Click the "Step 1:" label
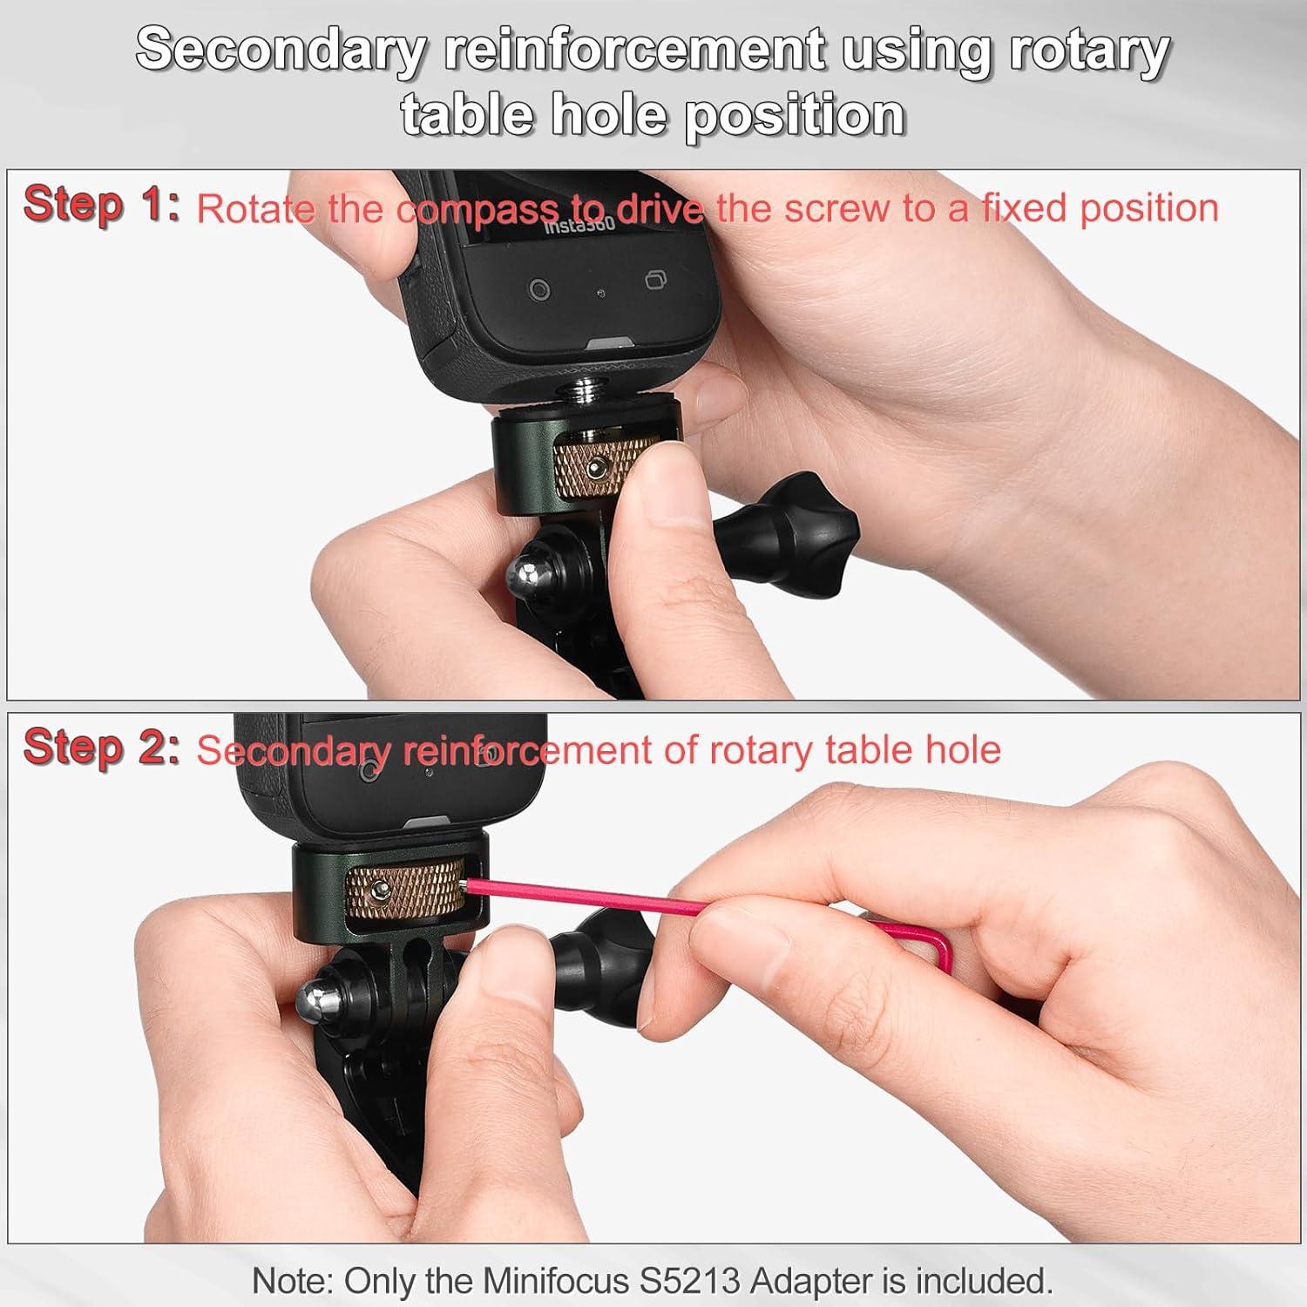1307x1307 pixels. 101,206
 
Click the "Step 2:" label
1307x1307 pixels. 101,748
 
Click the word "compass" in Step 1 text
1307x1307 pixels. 478,209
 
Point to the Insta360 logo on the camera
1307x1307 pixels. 579,226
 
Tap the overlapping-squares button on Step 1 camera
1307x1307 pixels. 656,281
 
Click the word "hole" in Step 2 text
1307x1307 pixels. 963,749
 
